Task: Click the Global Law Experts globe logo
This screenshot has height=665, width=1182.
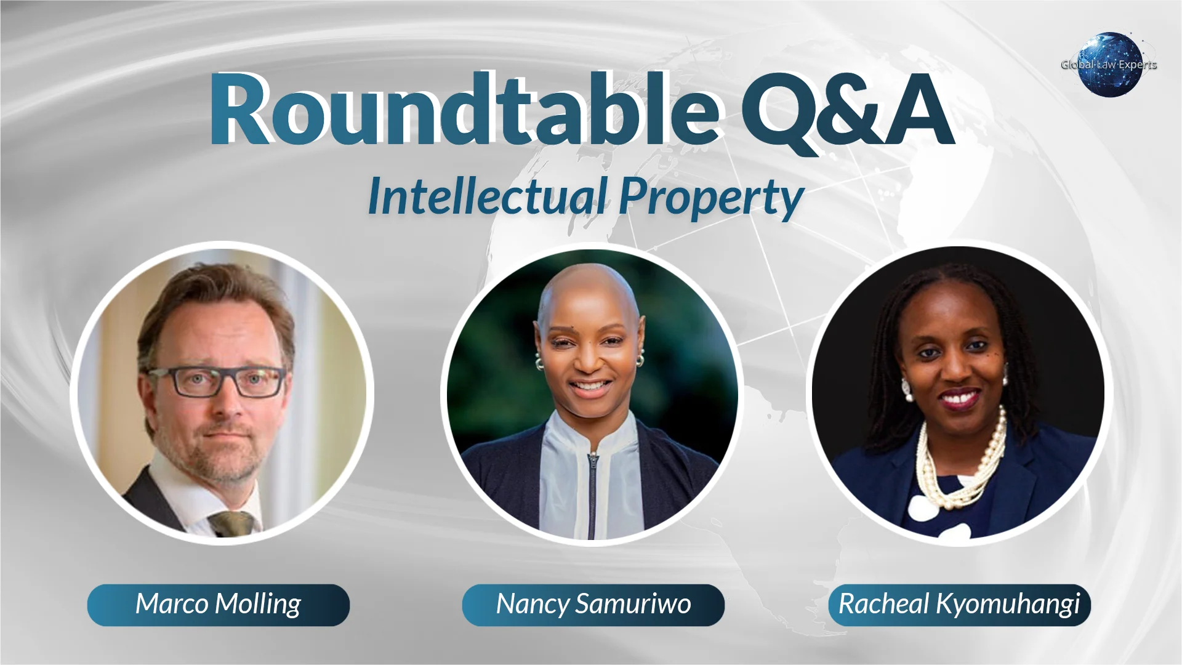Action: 1109,65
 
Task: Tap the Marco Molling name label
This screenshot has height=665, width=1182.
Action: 219,605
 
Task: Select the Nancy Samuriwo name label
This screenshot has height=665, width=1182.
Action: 593,605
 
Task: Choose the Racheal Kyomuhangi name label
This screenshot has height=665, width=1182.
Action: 959,605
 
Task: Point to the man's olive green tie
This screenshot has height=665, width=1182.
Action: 232,523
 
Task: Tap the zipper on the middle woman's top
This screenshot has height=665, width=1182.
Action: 592,486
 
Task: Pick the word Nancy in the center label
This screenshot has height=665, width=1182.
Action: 533,605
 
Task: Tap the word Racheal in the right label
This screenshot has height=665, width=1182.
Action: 883,605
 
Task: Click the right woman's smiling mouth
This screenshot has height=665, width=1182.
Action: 959,398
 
